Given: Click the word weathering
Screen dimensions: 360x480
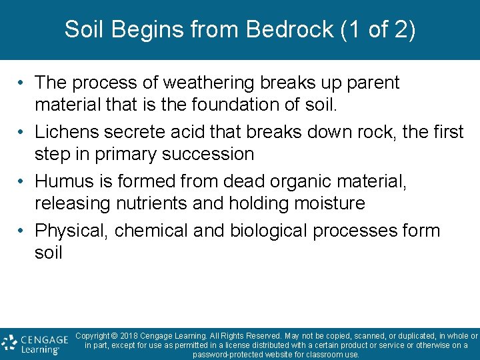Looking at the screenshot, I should pyautogui.click(x=200, y=83).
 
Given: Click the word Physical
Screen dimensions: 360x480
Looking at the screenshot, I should pyautogui.click(x=71, y=231).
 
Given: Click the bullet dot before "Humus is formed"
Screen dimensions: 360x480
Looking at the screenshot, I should pyautogui.click(x=22, y=181).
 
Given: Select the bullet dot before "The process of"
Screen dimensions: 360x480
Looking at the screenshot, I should pyautogui.click(x=22, y=83).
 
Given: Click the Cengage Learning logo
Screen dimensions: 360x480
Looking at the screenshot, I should pyautogui.click(x=35, y=343).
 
